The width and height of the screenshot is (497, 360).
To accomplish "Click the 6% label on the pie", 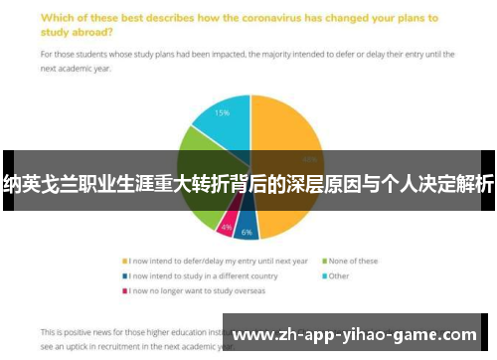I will pyautogui.click(x=247, y=232).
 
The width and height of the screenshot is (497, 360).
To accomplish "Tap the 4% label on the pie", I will pyautogui.click(x=227, y=228).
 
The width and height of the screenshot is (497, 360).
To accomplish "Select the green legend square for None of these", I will pyautogui.click(x=324, y=262).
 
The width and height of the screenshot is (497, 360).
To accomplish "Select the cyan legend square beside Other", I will pyautogui.click(x=324, y=275).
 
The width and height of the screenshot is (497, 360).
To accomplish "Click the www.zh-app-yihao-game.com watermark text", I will pyautogui.click(x=354, y=335).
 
